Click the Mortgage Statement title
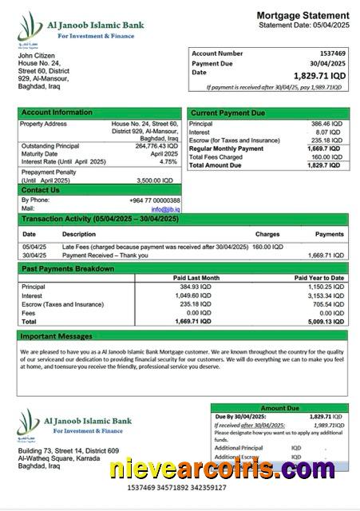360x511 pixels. pyautogui.click(x=303, y=15)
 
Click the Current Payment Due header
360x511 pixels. pyautogui.click(x=227, y=113)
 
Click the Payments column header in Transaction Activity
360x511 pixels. pyautogui.click(x=329, y=234)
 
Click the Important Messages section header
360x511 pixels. pyautogui.click(x=57, y=336)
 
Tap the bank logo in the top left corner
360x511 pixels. pyautogui.click(x=30, y=29)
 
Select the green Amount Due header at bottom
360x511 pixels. pyautogui.click(x=279, y=408)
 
